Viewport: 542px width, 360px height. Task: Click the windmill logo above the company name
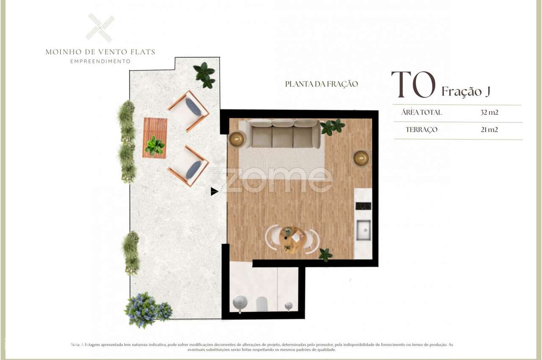(100, 28)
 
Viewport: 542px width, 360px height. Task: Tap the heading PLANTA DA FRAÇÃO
(321, 84)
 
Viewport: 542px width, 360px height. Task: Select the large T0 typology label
(413, 85)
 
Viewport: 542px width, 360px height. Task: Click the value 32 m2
(489, 112)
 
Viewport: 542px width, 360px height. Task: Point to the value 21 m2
(489, 130)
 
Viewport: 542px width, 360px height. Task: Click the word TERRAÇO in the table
(421, 130)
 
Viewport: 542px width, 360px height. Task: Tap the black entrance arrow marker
(214, 191)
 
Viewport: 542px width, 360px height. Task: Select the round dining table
(293, 239)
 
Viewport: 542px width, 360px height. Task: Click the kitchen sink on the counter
(363, 230)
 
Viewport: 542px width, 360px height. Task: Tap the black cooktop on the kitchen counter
(363, 206)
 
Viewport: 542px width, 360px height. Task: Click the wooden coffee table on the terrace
(155, 138)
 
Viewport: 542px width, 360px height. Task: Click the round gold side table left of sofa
(236, 138)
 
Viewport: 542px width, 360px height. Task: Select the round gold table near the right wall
(361, 158)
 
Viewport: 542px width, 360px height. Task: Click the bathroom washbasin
(240, 303)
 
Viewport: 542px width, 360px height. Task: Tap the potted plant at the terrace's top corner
(205, 75)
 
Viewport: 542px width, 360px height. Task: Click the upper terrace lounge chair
(188, 110)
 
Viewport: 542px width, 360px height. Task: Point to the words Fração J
(466, 91)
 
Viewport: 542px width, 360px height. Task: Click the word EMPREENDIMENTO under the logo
(100, 61)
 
